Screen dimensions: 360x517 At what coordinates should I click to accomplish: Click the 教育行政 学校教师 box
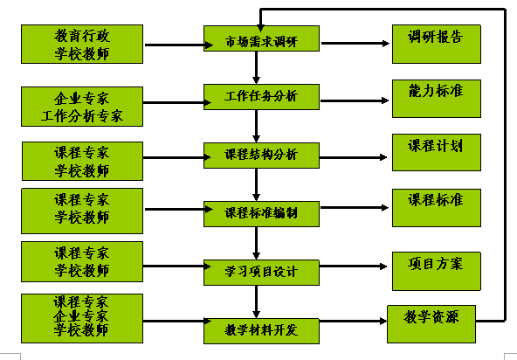pyautogui.click(x=82, y=44)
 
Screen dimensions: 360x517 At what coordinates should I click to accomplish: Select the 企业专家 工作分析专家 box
pyautogui.click(x=82, y=104)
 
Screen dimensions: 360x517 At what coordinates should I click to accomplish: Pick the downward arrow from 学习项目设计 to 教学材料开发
pyautogui.click(x=256, y=301)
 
